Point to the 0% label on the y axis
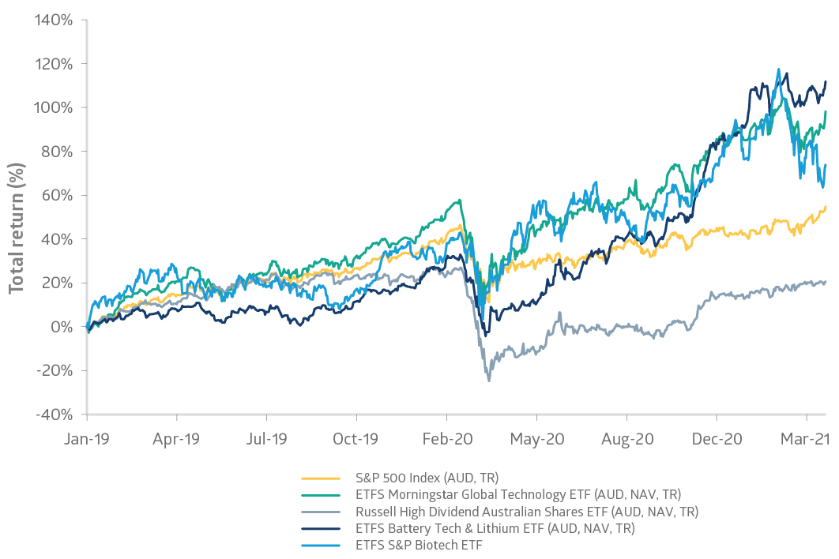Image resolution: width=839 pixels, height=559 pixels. (x=62, y=327)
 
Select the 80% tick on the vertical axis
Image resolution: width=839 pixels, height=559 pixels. (x=57, y=152)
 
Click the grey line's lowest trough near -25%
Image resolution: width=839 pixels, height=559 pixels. (x=489, y=381)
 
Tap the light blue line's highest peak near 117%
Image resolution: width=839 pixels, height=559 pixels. (x=779, y=69)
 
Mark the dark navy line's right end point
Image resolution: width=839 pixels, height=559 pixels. (x=826, y=81)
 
